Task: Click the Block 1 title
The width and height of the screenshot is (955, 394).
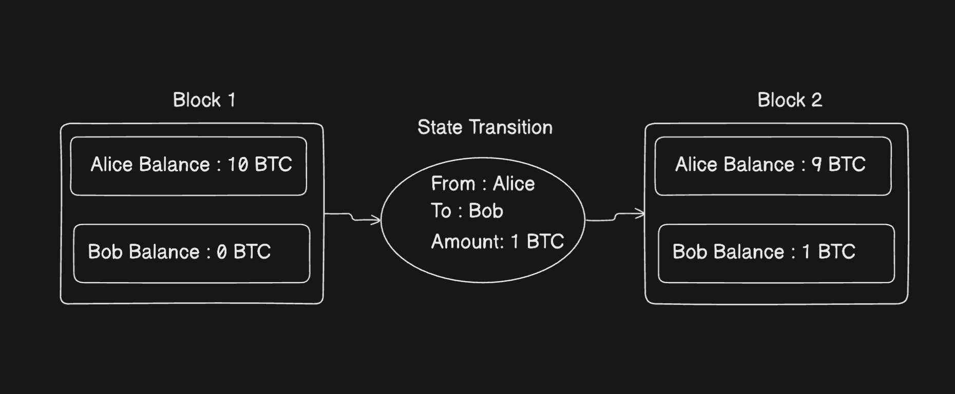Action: (x=204, y=100)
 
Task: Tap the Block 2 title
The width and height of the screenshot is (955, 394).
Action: (x=790, y=100)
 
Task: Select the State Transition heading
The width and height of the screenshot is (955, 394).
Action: (x=485, y=127)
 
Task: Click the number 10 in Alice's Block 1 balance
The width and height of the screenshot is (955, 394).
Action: (x=238, y=165)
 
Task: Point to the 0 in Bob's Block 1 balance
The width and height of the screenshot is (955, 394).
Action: (x=221, y=252)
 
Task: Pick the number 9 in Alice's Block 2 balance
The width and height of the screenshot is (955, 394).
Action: (x=816, y=165)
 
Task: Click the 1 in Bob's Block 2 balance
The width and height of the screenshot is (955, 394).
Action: (x=806, y=252)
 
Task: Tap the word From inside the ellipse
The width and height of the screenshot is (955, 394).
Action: (x=453, y=184)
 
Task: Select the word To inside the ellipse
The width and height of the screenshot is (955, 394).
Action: (x=441, y=211)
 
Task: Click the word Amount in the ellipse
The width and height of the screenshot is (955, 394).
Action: (x=467, y=242)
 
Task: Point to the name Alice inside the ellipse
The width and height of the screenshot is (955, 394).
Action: (x=514, y=184)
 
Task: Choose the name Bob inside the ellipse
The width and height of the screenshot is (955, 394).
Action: (x=486, y=211)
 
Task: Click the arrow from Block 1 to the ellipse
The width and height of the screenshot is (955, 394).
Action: (x=353, y=217)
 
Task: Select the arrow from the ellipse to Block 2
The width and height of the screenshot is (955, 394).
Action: (x=615, y=216)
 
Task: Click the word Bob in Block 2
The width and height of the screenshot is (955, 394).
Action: (x=690, y=252)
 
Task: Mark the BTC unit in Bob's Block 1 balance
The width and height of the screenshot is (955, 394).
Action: (x=252, y=252)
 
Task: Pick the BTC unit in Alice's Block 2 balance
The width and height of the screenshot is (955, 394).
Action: (x=847, y=165)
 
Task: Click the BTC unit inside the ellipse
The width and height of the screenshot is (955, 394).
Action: (x=545, y=242)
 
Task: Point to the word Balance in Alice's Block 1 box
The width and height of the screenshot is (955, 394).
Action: (x=175, y=165)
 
